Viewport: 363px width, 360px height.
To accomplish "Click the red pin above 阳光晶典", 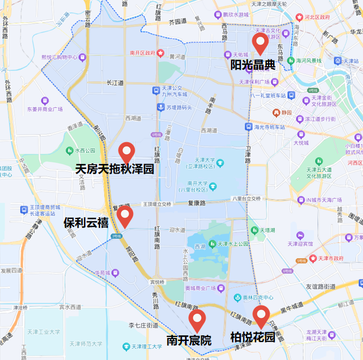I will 260,42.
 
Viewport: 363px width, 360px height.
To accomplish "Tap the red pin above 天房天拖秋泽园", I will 126,152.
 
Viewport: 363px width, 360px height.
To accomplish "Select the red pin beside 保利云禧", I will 124,215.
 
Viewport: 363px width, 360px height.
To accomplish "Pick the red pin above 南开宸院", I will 197,320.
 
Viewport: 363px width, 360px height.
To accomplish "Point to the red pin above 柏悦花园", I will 260,316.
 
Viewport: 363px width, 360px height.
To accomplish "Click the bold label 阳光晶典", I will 253,65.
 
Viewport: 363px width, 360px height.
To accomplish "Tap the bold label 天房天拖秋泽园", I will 115,169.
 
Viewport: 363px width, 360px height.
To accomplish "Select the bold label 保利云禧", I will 85,222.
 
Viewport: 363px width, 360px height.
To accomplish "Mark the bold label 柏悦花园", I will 253,338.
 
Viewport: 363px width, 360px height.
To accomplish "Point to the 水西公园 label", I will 85,151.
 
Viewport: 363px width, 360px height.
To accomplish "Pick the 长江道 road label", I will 115,83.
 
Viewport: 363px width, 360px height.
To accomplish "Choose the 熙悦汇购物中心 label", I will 62,57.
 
